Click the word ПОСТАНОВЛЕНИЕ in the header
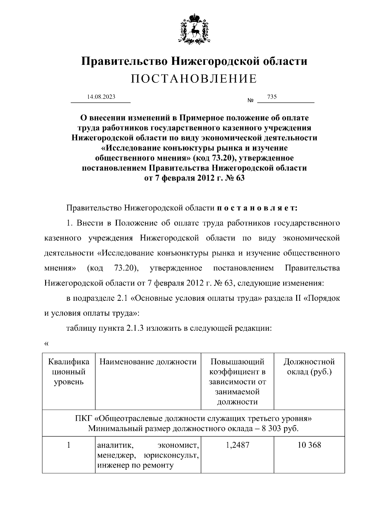coord(194,79)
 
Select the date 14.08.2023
coord(101,97)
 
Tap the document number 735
coord(272,97)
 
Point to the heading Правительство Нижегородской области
coord(194,61)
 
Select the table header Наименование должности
coord(148,362)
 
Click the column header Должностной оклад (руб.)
coord(309,367)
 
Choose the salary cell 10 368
coord(309,445)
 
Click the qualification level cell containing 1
coord(69,445)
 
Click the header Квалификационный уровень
coord(69,372)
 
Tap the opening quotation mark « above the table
coord(46,344)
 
